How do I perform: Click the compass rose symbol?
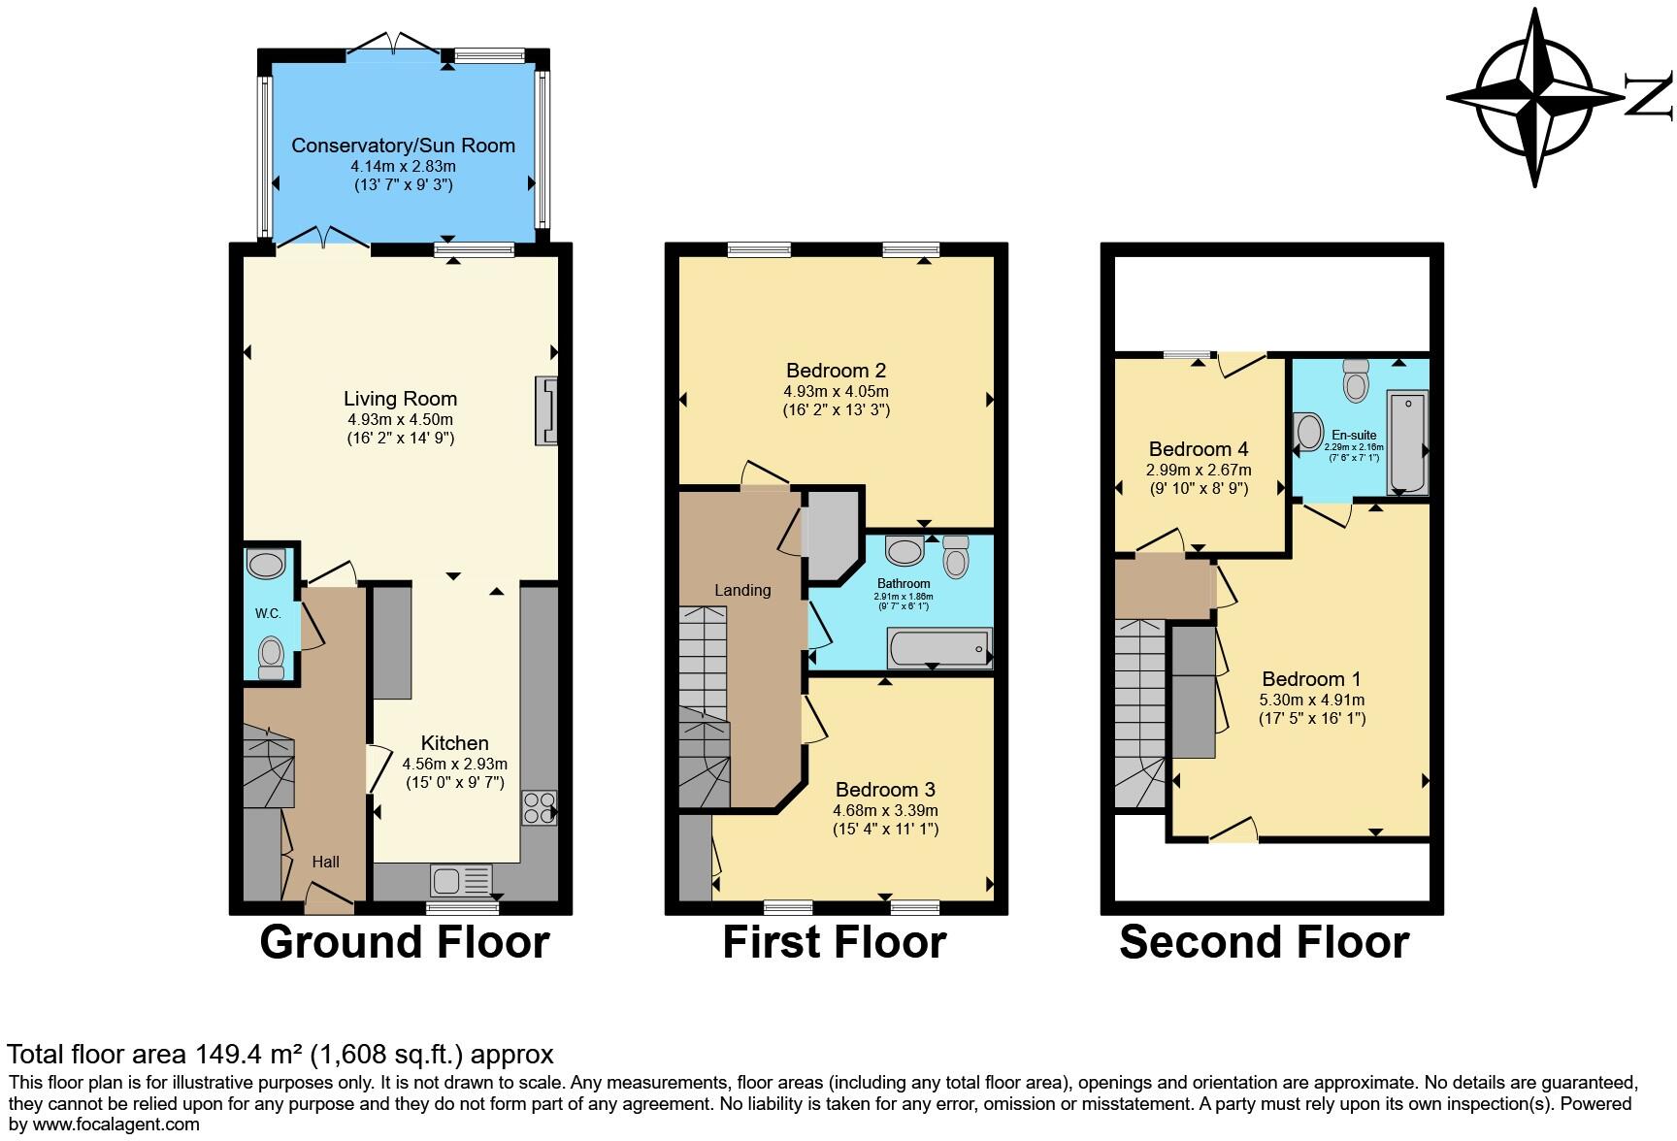[1535, 97]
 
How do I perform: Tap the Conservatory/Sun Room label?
[403, 146]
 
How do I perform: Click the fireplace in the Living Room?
[546, 411]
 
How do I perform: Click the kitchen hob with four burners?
[540, 808]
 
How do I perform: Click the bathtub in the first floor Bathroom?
[938, 648]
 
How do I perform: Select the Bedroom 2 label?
[836, 371]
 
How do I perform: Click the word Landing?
[742, 590]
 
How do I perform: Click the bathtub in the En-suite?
[1406, 443]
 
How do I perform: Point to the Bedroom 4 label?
[1199, 449]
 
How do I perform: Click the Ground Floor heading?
[404, 942]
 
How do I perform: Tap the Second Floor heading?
[1264, 942]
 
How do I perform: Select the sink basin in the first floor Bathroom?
[904, 552]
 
